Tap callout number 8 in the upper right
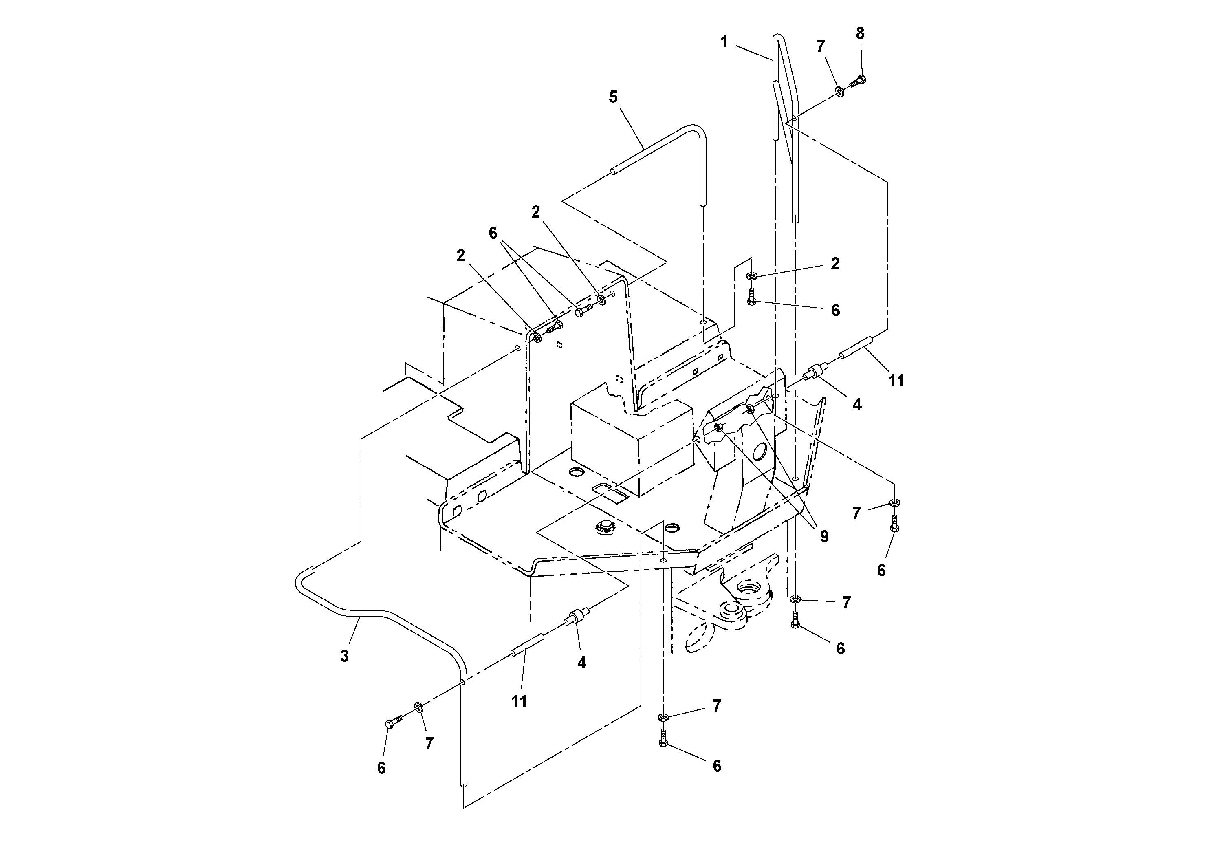click(x=860, y=33)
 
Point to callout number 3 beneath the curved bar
click(x=344, y=656)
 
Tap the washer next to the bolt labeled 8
click(x=839, y=91)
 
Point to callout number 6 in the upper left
click(x=493, y=233)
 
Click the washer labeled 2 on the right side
click(x=752, y=276)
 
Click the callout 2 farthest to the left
click(x=461, y=256)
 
